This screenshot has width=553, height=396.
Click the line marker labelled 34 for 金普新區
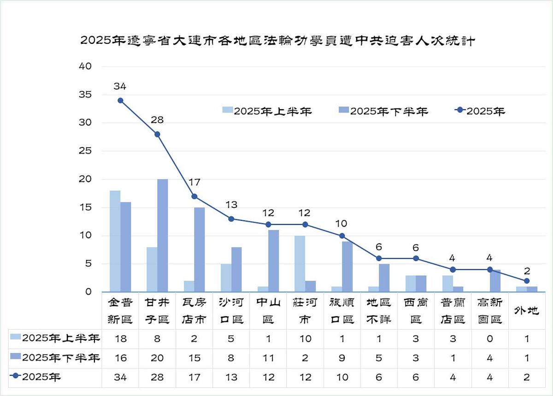pyautogui.click(x=120, y=100)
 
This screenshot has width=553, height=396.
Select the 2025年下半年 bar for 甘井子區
pyautogui.click(x=163, y=235)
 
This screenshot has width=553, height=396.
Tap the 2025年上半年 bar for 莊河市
pyautogui.click(x=300, y=264)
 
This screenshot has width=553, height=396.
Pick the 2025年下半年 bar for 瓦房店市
pyautogui.click(x=200, y=249)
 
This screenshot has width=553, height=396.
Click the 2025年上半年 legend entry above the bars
pyautogui.click(x=267, y=111)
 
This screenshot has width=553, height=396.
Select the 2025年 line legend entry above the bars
pyautogui.click(x=480, y=111)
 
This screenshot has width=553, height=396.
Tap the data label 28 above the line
pyautogui.click(x=157, y=120)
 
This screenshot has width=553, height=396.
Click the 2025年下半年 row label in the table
pyautogui.click(x=55, y=358)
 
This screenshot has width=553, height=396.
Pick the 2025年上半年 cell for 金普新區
pyautogui.click(x=120, y=339)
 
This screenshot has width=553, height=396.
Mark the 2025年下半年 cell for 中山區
pyautogui.click(x=268, y=358)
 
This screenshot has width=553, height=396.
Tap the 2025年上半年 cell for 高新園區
pyautogui.click(x=490, y=339)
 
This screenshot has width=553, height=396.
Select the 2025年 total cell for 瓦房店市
pyautogui.click(x=194, y=377)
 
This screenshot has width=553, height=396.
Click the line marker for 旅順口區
pyautogui.click(x=342, y=236)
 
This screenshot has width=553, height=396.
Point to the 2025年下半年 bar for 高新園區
pyautogui.click(x=495, y=281)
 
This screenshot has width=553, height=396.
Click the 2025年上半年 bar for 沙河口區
pyautogui.click(x=226, y=278)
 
